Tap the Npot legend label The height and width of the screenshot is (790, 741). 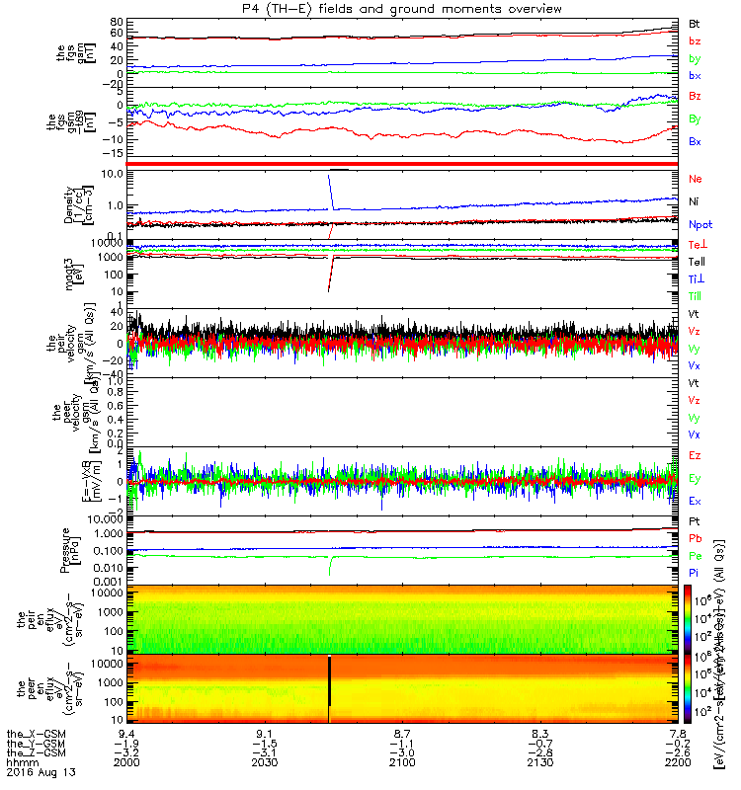pyautogui.click(x=700, y=225)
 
